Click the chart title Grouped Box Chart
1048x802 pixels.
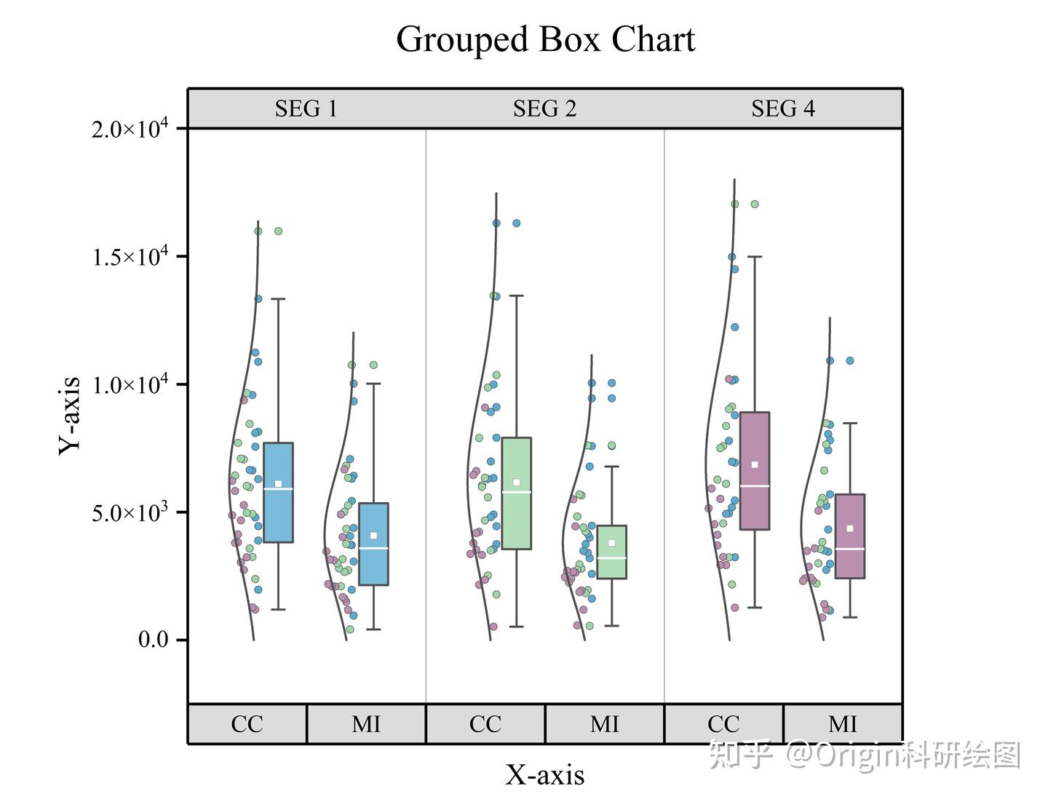pyautogui.click(x=545, y=39)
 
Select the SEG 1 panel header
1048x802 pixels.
pyautogui.click(x=306, y=109)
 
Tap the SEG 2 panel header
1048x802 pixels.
pyautogui.click(x=544, y=109)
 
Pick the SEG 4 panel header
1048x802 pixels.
pyautogui.click(x=783, y=109)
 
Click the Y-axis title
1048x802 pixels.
pyautogui.click(x=70, y=416)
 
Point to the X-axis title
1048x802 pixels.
pyautogui.click(x=544, y=775)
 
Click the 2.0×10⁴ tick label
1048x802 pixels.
pyautogui.click(x=130, y=130)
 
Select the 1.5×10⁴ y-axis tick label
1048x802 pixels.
pyautogui.click(x=130, y=257)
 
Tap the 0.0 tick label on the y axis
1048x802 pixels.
pyautogui.click(x=153, y=640)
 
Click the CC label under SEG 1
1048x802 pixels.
pyautogui.click(x=247, y=724)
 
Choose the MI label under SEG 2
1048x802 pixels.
pyautogui.click(x=605, y=724)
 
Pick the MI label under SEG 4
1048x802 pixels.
pyautogui.click(x=843, y=724)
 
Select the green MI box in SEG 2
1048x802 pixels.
pyautogui.click(x=611, y=552)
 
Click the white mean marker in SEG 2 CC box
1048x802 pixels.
pyautogui.click(x=517, y=483)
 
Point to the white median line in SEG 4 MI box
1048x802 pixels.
pyautogui.click(x=850, y=549)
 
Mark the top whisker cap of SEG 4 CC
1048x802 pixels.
pyautogui.click(x=755, y=257)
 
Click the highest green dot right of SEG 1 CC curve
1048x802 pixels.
pyautogui.click(x=278, y=231)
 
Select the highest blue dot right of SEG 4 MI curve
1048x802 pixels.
pyautogui.click(x=850, y=361)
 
